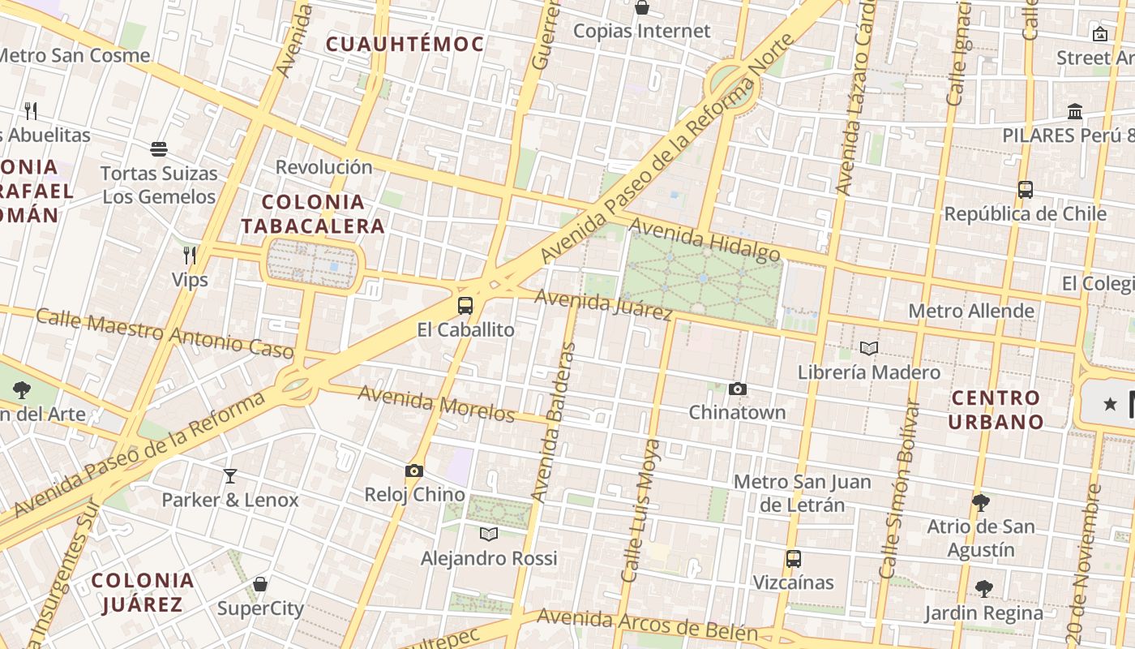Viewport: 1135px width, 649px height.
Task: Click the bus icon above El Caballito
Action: tap(465, 306)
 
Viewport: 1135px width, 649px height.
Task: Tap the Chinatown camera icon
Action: tap(737, 389)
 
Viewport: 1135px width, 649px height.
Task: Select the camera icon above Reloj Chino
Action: tap(414, 471)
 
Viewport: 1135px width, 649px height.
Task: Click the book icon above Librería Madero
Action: tap(869, 349)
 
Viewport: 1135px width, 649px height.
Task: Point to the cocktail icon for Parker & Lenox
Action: tap(230, 475)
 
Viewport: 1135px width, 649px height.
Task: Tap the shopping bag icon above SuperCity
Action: tap(260, 584)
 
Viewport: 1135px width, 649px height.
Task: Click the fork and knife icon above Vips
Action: tap(190, 256)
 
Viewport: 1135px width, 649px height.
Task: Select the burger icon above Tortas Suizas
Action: tap(159, 149)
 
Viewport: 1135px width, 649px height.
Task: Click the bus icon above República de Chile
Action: tap(1026, 190)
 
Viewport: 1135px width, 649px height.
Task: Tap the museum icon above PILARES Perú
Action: tap(1075, 111)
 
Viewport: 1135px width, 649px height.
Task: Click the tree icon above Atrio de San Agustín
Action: tap(981, 503)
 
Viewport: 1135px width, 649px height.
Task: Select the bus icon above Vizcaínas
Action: tap(793, 559)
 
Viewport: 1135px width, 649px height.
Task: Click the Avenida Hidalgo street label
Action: tap(705, 239)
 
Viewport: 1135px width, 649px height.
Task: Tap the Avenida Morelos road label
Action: tap(436, 403)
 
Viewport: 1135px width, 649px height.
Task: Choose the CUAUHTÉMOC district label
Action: tap(405, 45)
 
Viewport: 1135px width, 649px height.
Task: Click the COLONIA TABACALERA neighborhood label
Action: tap(313, 214)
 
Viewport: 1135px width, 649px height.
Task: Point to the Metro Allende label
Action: tap(970, 311)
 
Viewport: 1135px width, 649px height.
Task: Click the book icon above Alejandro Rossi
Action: tap(488, 534)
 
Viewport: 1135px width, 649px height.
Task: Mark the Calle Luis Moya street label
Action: tap(639, 511)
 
